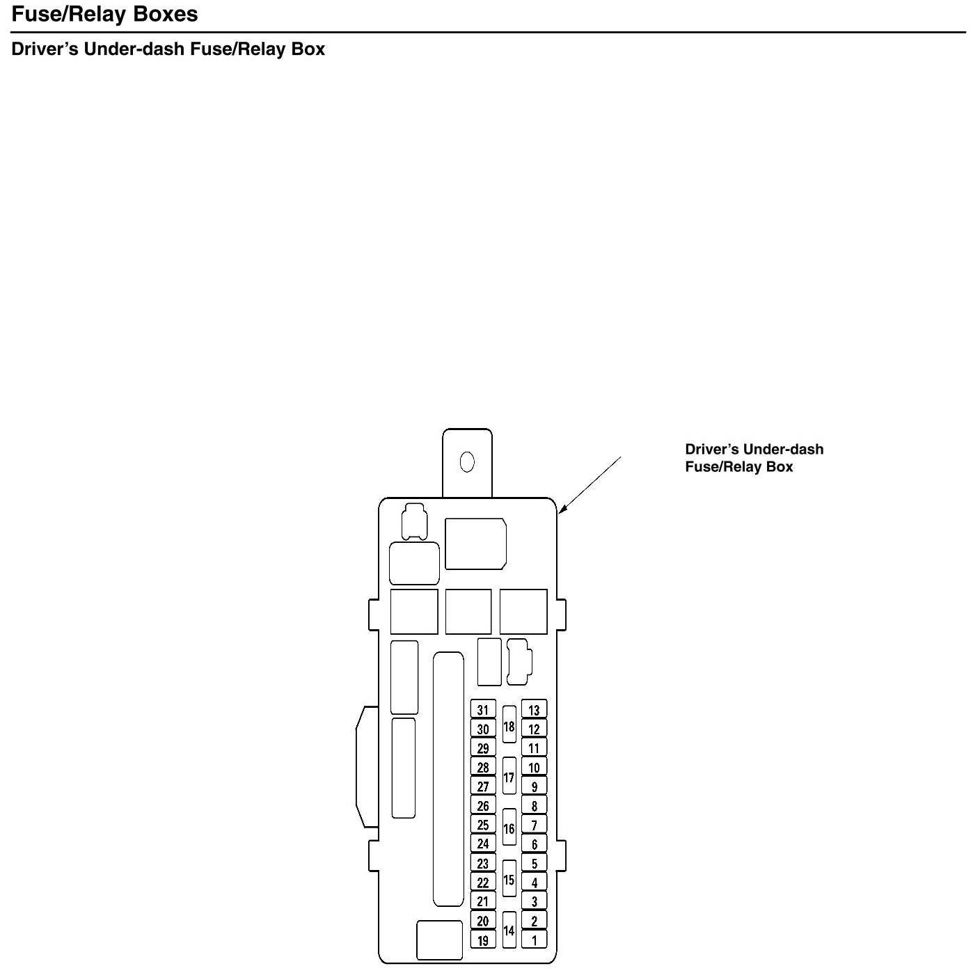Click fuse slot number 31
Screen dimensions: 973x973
tap(483, 710)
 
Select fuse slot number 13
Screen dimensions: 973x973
tap(534, 710)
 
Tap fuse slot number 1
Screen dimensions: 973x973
tap(534, 940)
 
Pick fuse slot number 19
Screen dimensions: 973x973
tap(483, 940)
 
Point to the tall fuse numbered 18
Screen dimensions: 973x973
tap(509, 725)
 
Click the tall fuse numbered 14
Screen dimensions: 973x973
tap(509, 930)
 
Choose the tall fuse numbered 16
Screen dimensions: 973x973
tap(509, 828)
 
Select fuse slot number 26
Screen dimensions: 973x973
tap(483, 806)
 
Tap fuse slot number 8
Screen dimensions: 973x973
tap(534, 806)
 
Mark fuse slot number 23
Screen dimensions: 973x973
tap(483, 863)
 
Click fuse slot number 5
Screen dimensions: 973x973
tap(534, 863)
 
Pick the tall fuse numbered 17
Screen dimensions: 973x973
tap(509, 777)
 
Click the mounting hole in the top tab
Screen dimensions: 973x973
tap(468, 461)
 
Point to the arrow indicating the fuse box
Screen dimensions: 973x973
tap(589, 486)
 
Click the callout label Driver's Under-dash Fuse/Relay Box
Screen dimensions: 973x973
tap(754, 458)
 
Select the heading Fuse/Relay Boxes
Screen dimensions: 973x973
tap(105, 14)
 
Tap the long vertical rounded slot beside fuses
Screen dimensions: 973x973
tap(448, 780)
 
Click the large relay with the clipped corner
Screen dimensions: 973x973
tap(475, 544)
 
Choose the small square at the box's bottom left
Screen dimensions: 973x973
tap(439, 940)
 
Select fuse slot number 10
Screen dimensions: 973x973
tap(534, 768)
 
